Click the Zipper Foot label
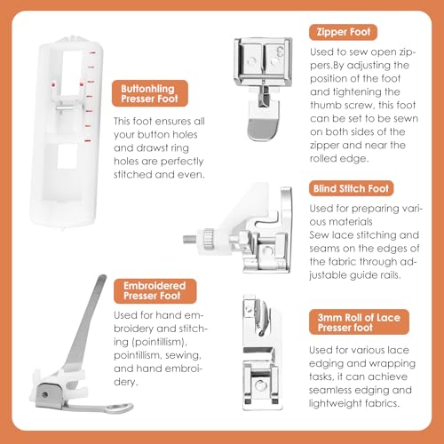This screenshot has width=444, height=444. click(344, 32)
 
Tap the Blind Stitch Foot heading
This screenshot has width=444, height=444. click(351, 188)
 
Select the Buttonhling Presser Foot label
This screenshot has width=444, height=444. click(150, 93)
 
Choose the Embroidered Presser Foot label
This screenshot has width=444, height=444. click(155, 290)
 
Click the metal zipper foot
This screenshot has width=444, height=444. click(263, 89)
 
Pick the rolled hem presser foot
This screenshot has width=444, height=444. click(261, 353)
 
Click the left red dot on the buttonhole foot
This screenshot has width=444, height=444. click(53, 85)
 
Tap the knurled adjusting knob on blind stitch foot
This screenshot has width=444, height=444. click(209, 239)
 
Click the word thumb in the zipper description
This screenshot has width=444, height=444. click(327, 105)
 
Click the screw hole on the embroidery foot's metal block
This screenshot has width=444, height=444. click(45, 394)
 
